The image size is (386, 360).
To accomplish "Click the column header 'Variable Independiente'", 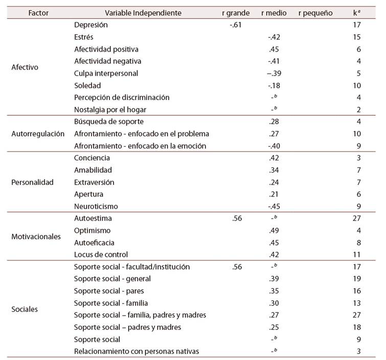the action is (x=143, y=13).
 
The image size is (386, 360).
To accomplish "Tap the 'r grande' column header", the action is (x=236, y=13).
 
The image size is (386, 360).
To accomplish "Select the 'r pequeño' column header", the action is (x=315, y=13).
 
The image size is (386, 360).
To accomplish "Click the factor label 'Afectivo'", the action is (x=25, y=67).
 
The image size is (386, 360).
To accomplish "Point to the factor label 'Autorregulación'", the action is (x=38, y=134).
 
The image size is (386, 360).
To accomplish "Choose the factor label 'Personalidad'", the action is (x=33, y=182).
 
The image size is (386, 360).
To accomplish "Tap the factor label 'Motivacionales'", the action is (x=36, y=236).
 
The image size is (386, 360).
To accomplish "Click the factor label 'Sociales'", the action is (x=25, y=309).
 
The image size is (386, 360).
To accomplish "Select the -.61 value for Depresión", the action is (x=236, y=25).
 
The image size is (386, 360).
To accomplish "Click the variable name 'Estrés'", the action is (x=84, y=37).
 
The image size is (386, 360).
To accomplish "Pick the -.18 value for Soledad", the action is (x=274, y=86).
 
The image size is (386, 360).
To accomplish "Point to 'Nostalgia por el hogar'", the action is (x=110, y=110).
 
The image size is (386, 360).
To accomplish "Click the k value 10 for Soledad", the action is (x=357, y=86).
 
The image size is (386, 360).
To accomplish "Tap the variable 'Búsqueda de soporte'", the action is (x=109, y=122).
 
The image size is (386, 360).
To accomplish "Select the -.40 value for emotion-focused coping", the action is (x=274, y=146).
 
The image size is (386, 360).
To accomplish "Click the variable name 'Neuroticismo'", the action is (x=96, y=206).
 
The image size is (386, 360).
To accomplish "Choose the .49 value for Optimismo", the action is (x=274, y=231).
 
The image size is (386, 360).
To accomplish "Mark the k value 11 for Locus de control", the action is (x=357, y=255).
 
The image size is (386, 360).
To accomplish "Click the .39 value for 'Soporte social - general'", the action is (x=274, y=279).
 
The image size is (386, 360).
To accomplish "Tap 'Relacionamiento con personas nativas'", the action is (x=137, y=351).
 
